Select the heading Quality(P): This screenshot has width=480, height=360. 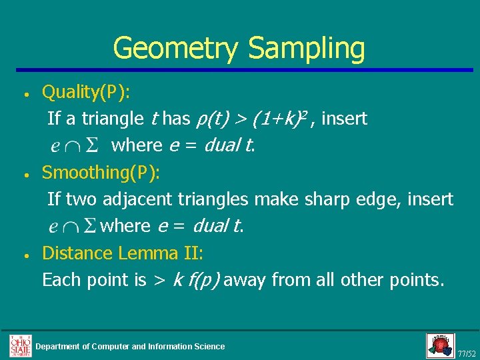[86, 92]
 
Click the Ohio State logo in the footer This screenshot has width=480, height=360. [20, 345]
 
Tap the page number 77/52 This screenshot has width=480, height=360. [467, 353]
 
